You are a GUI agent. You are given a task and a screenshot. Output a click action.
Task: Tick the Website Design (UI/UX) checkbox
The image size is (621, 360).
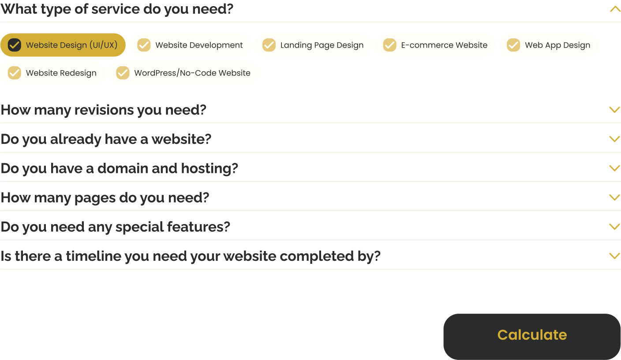pos(15,45)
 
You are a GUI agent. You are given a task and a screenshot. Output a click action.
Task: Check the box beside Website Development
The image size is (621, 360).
pos(144,45)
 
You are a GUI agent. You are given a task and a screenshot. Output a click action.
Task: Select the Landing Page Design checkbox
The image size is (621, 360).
pos(269,45)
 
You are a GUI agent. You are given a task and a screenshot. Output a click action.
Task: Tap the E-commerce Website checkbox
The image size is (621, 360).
pos(389,45)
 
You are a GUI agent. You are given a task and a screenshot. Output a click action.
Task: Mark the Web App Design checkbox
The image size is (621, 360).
pos(513,45)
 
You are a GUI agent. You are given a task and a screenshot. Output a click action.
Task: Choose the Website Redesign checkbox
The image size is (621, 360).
pos(15,73)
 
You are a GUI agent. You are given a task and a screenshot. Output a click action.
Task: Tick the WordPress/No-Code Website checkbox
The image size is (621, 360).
pos(123,73)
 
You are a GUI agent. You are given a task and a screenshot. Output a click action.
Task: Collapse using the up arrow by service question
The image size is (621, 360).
pos(615,9)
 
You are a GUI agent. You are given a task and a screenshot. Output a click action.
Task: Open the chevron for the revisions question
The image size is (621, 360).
pos(615,110)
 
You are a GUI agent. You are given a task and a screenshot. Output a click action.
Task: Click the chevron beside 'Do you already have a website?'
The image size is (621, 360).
pos(615,139)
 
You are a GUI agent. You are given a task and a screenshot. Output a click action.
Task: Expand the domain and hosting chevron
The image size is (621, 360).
pos(615,169)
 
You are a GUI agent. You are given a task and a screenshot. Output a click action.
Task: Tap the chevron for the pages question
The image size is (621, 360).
pos(615,198)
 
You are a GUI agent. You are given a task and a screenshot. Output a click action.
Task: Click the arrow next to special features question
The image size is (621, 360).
pos(615,227)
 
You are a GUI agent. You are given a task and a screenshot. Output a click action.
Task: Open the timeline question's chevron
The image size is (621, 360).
pos(615,256)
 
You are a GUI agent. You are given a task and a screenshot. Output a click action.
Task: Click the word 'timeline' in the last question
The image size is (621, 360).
pos(93,256)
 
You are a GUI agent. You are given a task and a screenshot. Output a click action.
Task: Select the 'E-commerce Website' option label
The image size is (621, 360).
pos(444,45)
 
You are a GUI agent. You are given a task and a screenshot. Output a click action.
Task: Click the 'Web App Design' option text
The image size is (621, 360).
pos(557,45)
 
